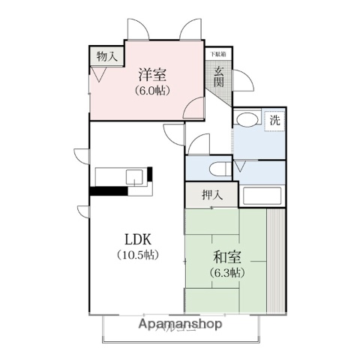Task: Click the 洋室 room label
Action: (151, 75)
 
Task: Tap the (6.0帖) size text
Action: (151, 91)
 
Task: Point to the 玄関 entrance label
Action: (218, 76)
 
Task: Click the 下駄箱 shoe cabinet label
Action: (217, 54)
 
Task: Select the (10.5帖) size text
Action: (139, 255)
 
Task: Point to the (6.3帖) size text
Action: (226, 272)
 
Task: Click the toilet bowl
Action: (220, 167)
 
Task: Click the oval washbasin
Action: (246, 120)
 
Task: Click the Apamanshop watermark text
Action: (180, 325)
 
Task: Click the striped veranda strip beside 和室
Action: (277, 259)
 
